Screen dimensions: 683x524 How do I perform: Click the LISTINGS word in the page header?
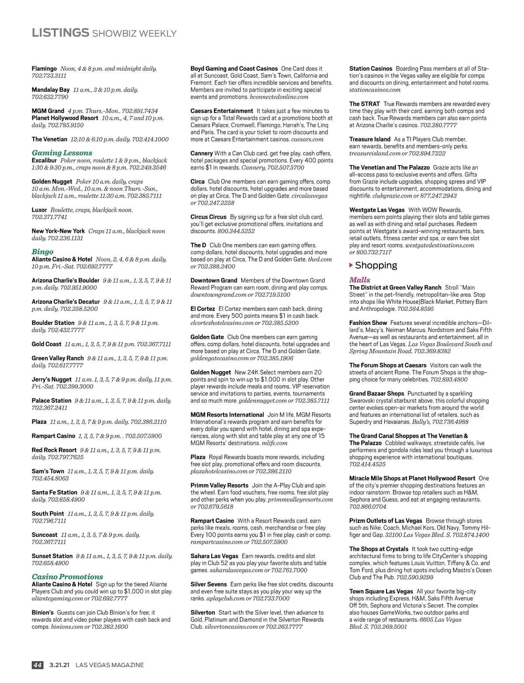(60, 33)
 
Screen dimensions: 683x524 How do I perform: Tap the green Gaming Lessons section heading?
(62, 153)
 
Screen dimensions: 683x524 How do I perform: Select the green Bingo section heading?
(42, 252)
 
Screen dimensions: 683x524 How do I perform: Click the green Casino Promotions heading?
(67, 576)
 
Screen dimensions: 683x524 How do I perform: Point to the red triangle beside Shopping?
(351, 265)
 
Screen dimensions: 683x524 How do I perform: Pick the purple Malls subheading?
(359, 280)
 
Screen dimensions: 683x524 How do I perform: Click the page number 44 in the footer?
(38, 665)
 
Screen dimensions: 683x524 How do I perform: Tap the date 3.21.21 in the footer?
(59, 665)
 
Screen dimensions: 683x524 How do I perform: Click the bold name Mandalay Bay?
(51, 90)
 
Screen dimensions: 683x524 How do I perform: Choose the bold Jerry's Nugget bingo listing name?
(52, 379)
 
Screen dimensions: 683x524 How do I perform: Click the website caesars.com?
(307, 139)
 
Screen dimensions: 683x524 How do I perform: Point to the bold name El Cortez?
(203, 309)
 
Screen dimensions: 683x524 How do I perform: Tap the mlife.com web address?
(274, 443)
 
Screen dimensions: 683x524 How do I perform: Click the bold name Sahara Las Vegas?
(214, 556)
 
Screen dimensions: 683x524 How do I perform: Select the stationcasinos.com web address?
(375, 90)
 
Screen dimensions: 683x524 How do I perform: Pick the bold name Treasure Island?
(370, 139)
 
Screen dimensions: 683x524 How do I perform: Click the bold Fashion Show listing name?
(368, 323)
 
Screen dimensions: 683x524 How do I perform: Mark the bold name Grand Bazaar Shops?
(376, 393)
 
